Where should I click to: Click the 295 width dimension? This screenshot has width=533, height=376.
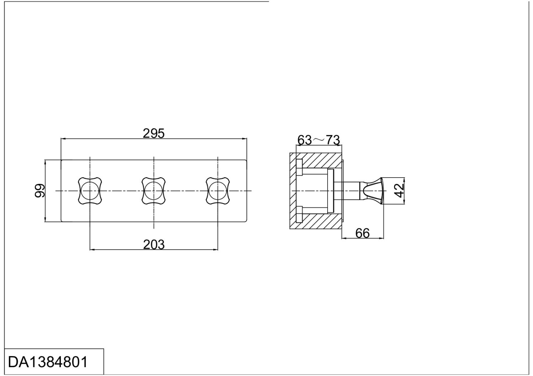click(154, 133)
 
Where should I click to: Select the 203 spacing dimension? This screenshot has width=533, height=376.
click(154, 245)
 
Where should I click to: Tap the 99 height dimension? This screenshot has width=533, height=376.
click(40, 191)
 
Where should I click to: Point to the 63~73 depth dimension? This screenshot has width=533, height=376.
click(319, 140)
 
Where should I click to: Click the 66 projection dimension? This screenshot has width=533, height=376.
click(362, 233)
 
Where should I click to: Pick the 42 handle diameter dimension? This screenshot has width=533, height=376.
click(399, 191)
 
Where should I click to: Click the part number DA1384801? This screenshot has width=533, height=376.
click(48, 363)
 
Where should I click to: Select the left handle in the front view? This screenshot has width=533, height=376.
click(90, 191)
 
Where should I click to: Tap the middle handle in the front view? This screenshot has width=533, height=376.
click(154, 191)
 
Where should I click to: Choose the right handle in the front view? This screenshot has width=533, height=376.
click(218, 191)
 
